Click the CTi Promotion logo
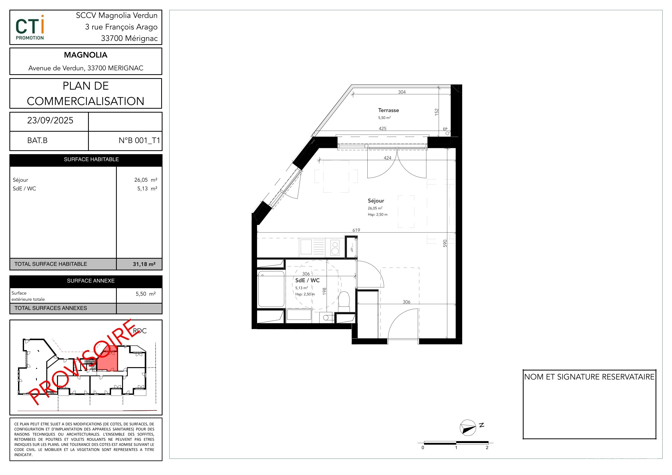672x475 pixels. pos(30,27)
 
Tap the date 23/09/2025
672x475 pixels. pos(50,120)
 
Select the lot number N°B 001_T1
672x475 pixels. pos(139,141)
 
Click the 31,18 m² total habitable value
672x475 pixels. pos(144,264)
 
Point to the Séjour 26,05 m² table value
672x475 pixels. pos(146,180)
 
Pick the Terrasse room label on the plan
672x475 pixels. pos(389,110)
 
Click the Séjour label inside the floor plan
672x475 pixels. pos(376,201)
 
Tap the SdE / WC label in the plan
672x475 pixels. pos(307,280)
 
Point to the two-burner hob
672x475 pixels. pos(335,248)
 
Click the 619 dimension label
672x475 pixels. pos(356,230)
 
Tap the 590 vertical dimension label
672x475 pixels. pos(445,243)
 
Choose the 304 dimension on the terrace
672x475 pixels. pos(402,92)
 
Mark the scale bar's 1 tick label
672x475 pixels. pos(456,448)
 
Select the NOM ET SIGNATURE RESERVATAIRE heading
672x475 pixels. pos(589,377)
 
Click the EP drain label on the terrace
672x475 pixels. pos(445,129)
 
